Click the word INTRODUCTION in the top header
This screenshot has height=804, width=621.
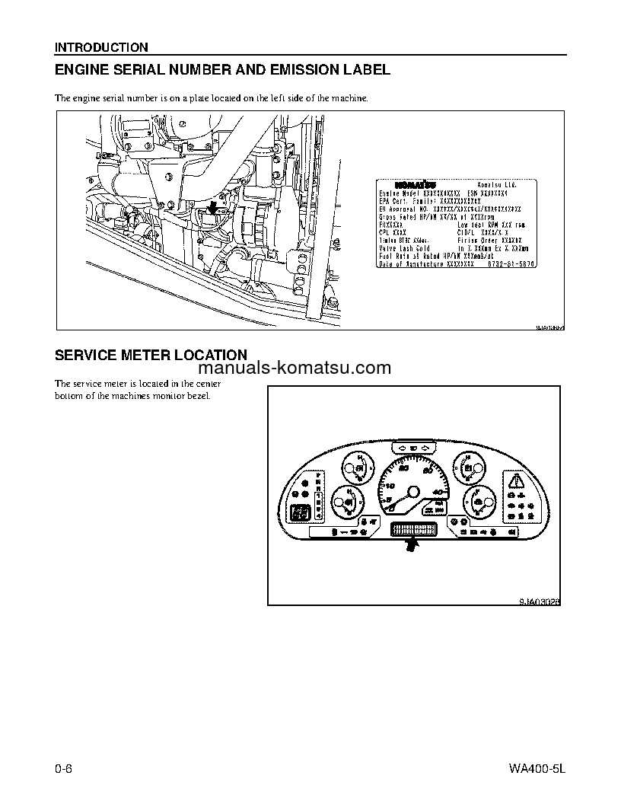[x=101, y=47]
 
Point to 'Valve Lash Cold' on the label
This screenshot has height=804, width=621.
[x=405, y=248]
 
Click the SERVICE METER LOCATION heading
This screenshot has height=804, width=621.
[x=151, y=355]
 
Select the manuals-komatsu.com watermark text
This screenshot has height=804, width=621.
[x=318, y=369]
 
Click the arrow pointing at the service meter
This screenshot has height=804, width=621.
[x=412, y=544]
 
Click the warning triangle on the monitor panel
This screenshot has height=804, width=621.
[x=517, y=480]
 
